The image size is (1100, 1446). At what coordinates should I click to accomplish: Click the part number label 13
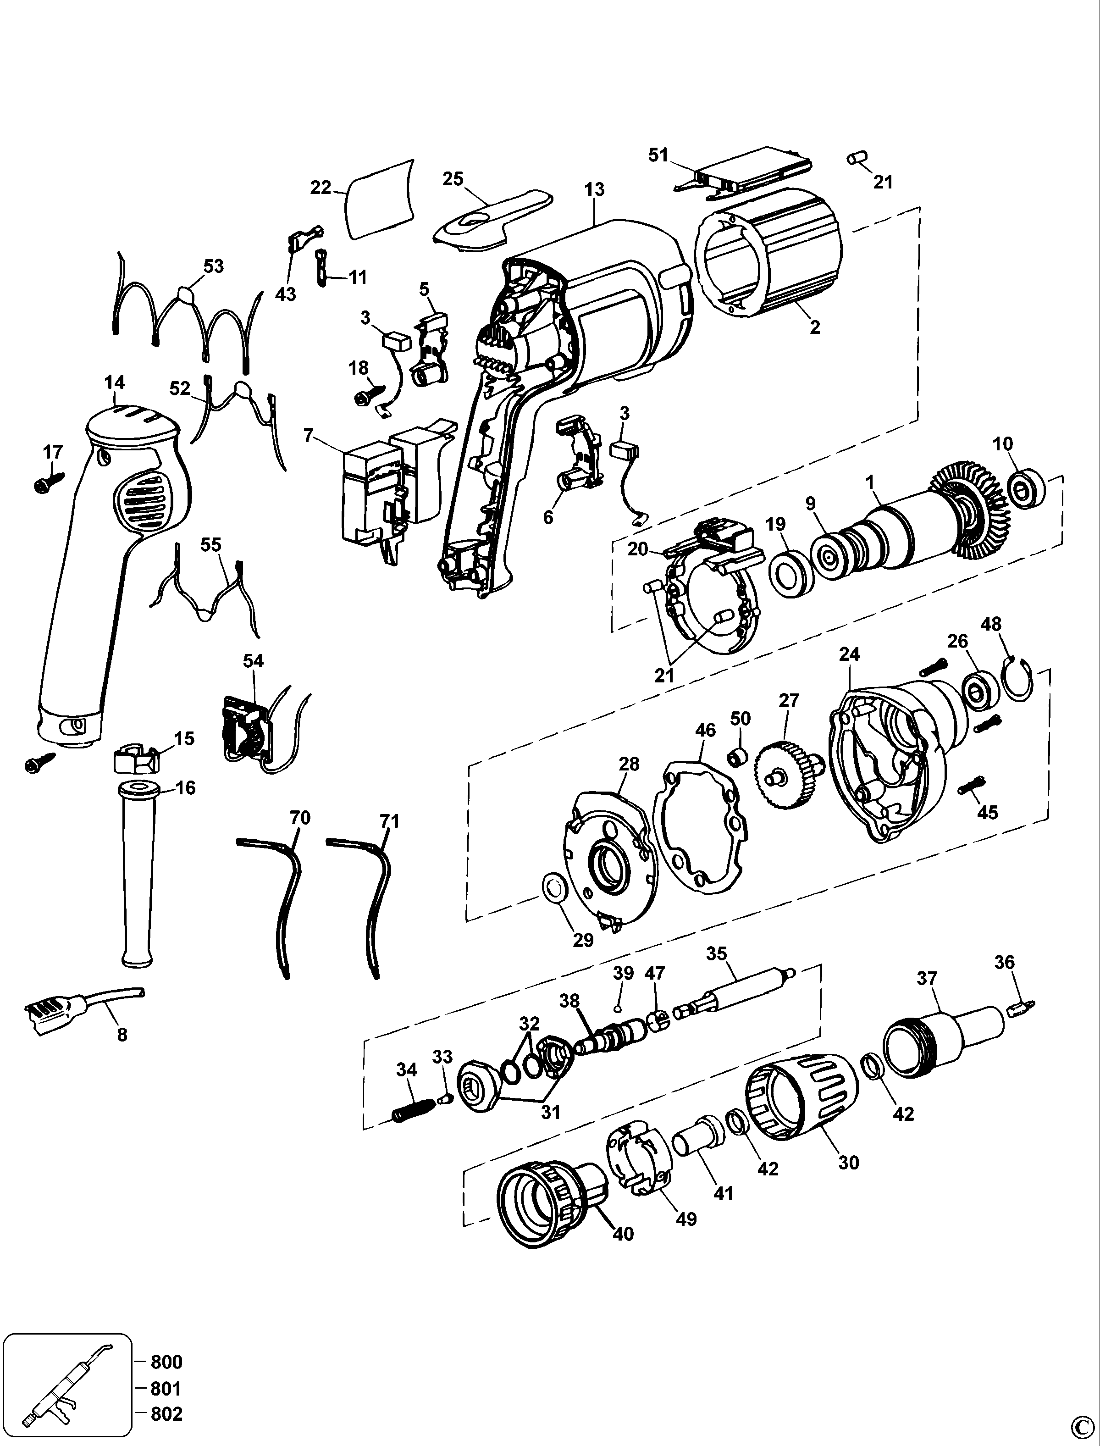coord(595,190)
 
